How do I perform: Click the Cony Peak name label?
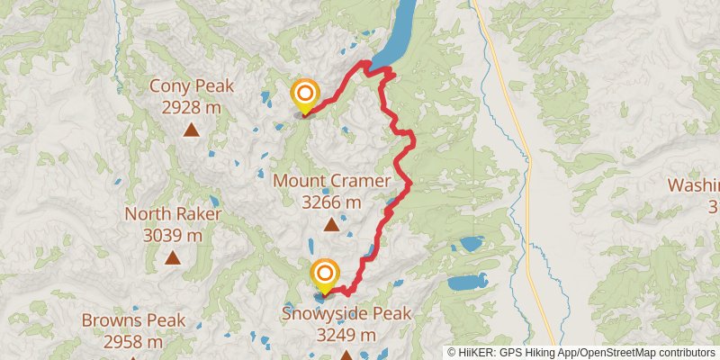[x=191, y=87]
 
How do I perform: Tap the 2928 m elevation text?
[x=191, y=107]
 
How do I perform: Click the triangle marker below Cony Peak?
[x=191, y=130]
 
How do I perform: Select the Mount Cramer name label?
[x=332, y=181]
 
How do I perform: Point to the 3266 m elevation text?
[x=332, y=202]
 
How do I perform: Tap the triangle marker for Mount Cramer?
[x=332, y=225]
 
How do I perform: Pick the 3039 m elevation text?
[x=173, y=235]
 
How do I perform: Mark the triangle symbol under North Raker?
[x=173, y=258]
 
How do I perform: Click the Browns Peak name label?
[x=133, y=320]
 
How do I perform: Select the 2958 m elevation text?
[x=133, y=341]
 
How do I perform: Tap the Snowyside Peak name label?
[x=346, y=314]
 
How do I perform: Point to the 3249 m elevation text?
[x=346, y=335]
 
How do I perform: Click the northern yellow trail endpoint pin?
[x=305, y=94]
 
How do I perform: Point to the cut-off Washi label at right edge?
[x=694, y=185]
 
